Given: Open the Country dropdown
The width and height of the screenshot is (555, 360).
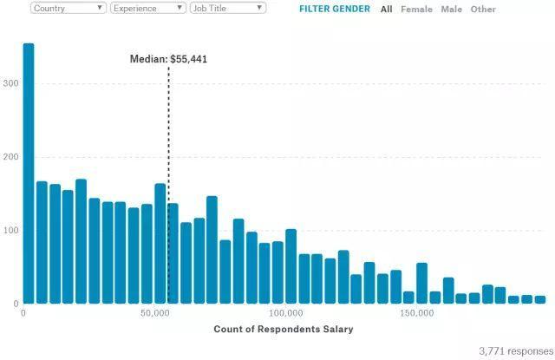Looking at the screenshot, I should pos(69,8).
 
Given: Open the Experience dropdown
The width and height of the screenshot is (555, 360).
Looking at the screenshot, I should pos(147,8).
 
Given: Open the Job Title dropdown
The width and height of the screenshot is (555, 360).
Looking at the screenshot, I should pos(227,8).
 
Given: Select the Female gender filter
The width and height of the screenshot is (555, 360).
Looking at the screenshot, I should pos(416,9).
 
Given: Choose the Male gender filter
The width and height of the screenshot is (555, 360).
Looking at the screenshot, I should pos(451,9).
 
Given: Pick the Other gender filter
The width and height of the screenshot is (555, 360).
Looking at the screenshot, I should pos(483,9).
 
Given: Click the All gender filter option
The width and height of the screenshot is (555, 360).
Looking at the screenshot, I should pos(386,9).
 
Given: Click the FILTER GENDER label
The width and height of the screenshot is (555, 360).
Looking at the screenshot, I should pos(334,9).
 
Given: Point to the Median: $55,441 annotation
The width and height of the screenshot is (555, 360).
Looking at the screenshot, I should pos(168,59).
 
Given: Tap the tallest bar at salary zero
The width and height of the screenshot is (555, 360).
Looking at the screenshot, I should pos(28,173).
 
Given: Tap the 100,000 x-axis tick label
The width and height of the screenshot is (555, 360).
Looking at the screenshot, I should pos(285,313).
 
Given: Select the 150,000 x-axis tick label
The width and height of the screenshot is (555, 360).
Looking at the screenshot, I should pos(417,313).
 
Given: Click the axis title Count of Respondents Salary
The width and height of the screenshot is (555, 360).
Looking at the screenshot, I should pos(284,330).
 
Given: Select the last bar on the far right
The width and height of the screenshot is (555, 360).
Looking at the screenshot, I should pos(540,299).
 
